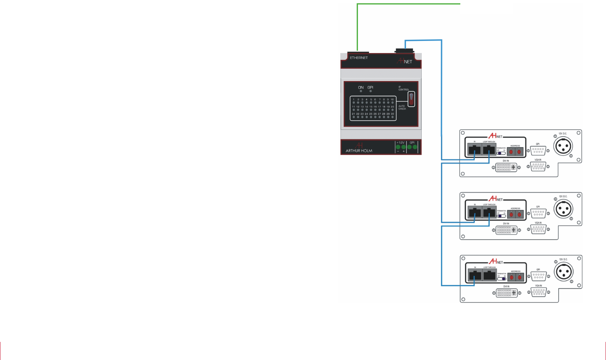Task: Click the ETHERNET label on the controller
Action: [359, 58]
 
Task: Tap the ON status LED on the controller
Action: [361, 91]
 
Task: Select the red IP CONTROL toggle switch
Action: [411, 99]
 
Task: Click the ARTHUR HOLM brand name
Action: [359, 151]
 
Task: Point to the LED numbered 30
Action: [392, 117]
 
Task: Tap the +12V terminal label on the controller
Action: [400, 142]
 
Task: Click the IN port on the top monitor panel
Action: [474, 150]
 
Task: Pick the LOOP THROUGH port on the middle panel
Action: [489, 212]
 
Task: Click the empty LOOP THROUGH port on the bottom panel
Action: [489, 275]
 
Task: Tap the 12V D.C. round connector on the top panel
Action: [563, 147]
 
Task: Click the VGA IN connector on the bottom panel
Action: [538, 292]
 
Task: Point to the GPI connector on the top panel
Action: [538, 151]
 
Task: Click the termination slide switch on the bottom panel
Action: [502, 278]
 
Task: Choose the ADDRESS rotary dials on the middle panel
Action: [515, 214]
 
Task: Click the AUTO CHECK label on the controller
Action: [402, 107]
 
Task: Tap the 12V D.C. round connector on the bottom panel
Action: [563, 272]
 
